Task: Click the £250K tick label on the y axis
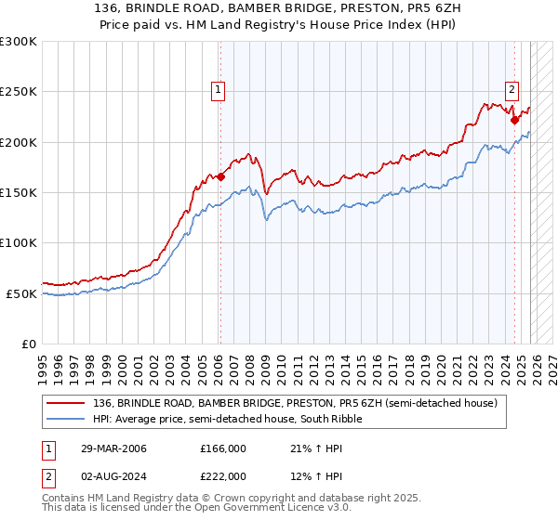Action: click(18, 92)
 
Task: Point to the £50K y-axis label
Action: click(21, 293)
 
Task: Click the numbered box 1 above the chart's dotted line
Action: click(219, 90)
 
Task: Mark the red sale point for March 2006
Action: click(220, 176)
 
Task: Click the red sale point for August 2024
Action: click(514, 120)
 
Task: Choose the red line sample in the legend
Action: click(68, 403)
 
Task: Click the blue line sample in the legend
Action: click(68, 419)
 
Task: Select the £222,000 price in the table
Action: click(222, 475)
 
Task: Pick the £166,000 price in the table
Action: click(222, 448)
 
